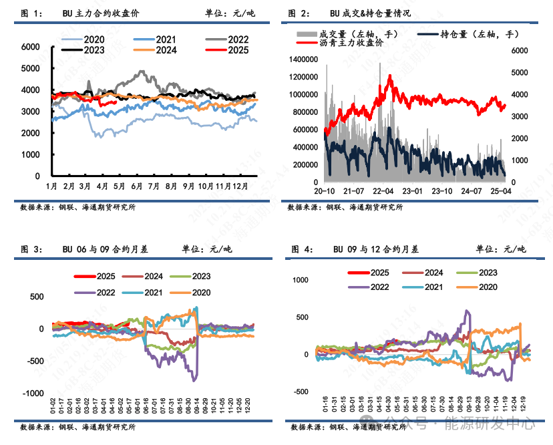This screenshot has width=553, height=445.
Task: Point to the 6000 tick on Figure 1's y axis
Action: click(x=31, y=47)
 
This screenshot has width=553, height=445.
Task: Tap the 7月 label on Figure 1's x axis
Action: click(x=154, y=184)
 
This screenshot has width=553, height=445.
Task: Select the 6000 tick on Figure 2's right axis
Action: click(x=519, y=50)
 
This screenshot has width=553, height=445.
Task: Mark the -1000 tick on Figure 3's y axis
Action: click(x=31, y=394)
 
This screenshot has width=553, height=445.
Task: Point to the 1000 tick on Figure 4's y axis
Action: click(x=303, y=279)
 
